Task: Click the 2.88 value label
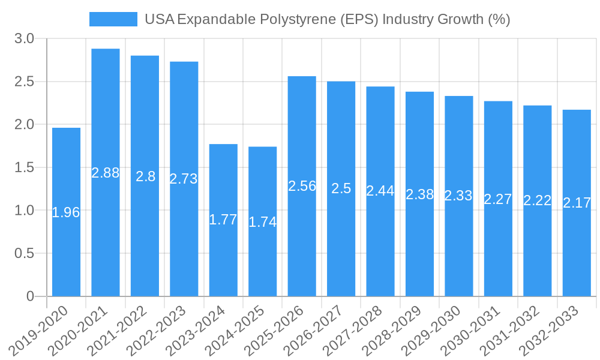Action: (x=106, y=173)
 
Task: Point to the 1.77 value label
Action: (x=223, y=220)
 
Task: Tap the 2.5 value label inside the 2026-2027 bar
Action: (x=341, y=188)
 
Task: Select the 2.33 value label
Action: (x=458, y=196)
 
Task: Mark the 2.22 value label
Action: (x=538, y=200)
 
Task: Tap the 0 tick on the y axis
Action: (x=31, y=296)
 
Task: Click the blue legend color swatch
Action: (x=113, y=19)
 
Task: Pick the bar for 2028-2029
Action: (x=419, y=240)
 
